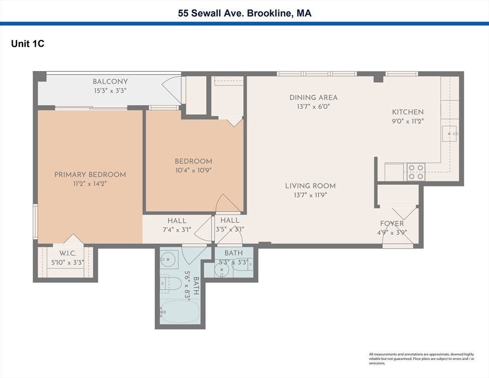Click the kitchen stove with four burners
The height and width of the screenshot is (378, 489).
click(416, 172)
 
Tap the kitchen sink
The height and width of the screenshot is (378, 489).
click(449, 133)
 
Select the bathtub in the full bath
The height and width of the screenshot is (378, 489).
click(180, 312)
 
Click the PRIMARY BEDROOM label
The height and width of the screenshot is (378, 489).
click(90, 175)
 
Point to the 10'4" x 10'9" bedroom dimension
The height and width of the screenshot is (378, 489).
click(193, 170)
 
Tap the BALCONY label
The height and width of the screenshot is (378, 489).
click(110, 82)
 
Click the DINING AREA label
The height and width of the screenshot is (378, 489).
click(313, 97)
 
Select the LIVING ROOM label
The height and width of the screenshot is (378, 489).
click(310, 186)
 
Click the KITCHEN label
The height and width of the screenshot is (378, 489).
click(408, 112)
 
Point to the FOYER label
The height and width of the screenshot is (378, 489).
click(392, 223)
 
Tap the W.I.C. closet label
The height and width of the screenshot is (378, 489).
click(68, 253)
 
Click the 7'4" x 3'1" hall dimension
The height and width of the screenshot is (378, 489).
click(177, 230)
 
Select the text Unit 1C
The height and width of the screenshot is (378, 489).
click(28, 44)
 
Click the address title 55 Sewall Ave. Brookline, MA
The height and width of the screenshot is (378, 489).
click(244, 13)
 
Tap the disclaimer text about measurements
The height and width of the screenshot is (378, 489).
click(422, 359)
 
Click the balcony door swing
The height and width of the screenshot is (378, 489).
click(172, 90)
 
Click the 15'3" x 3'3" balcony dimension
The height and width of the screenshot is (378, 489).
click(110, 91)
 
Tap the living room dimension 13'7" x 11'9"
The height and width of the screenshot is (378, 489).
click(310, 195)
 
